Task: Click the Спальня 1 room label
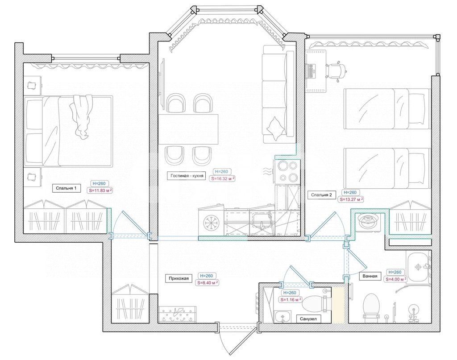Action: coord(66,188)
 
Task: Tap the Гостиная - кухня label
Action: coord(187,176)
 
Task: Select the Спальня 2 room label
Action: coord(321,195)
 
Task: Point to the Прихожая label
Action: coord(179,278)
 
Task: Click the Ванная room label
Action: coord(370,276)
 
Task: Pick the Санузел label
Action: coord(308,319)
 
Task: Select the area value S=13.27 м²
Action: coord(351,199)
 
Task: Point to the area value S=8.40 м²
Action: coord(208,282)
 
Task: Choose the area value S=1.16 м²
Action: coord(291,299)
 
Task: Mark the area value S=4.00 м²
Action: coord(396,279)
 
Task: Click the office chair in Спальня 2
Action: coord(336,70)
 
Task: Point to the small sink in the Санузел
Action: coord(282,317)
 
